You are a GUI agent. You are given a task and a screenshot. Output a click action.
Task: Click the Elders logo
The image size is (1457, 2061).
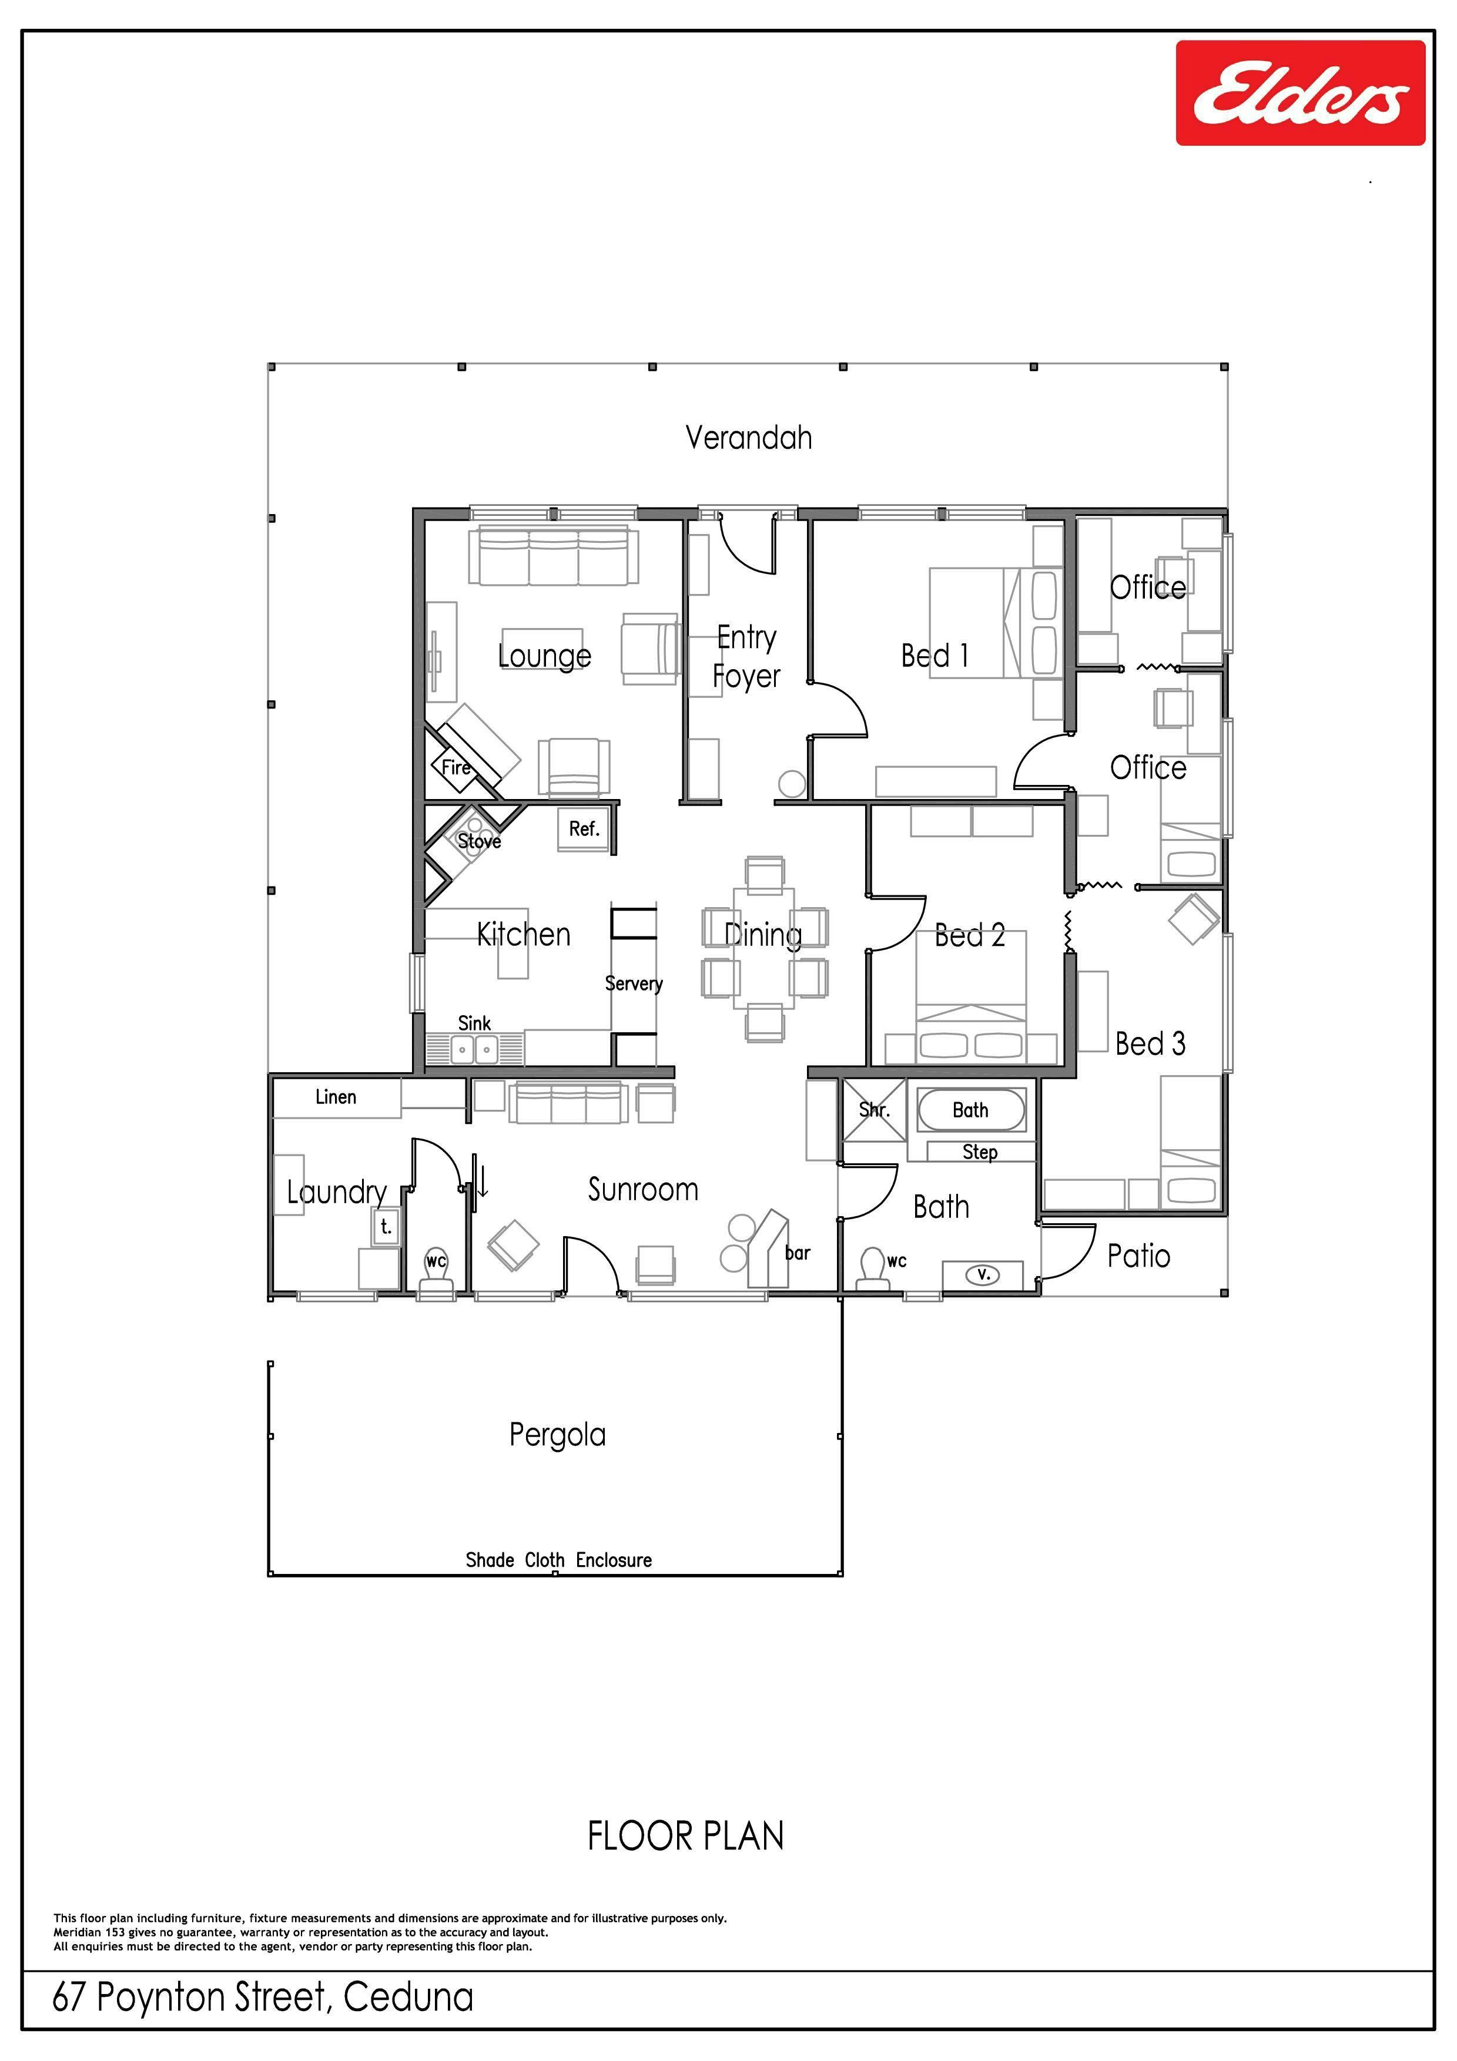coord(1300,92)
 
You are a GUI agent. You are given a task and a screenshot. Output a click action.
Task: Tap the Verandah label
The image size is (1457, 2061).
coord(749,438)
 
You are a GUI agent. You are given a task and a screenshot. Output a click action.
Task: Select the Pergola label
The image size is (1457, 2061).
coord(558,1435)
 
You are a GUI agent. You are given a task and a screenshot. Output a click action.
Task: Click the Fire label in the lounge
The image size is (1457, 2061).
coord(456,767)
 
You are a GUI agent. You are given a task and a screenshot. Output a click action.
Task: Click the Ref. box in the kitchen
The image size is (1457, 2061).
coord(584,830)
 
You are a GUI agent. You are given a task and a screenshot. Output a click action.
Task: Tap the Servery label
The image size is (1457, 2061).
coord(634,984)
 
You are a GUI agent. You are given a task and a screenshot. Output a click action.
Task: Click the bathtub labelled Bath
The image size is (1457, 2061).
coord(970,1110)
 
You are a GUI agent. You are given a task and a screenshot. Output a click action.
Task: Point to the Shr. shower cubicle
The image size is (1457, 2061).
coord(873,1109)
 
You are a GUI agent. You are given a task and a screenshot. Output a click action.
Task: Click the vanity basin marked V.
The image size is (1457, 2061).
coord(983,1274)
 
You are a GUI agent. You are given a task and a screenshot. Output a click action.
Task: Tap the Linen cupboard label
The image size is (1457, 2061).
coord(336,1097)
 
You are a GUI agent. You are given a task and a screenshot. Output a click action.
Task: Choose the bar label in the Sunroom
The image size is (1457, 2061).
coord(797,1253)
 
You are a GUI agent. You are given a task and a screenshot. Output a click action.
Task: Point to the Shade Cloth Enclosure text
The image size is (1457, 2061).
coord(558,1560)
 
